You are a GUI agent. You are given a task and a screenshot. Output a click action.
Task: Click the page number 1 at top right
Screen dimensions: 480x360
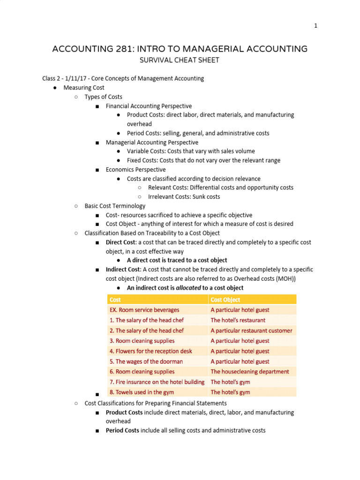pyautogui.click(x=316, y=26)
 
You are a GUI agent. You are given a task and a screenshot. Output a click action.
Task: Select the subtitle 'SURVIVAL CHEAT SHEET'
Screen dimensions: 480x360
pyautogui.click(x=180, y=60)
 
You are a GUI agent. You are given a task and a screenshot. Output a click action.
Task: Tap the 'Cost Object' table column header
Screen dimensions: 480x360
pyautogui.click(x=225, y=300)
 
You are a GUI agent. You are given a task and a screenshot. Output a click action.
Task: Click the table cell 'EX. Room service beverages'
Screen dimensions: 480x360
pyautogui.click(x=144, y=310)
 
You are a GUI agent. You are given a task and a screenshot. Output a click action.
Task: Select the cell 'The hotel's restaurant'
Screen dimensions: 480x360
pyautogui.click(x=238, y=320)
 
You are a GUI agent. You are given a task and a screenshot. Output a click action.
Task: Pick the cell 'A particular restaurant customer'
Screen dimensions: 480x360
pyautogui.click(x=251, y=330)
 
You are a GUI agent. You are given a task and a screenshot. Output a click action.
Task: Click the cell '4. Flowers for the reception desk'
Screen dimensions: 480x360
pyautogui.click(x=150, y=351)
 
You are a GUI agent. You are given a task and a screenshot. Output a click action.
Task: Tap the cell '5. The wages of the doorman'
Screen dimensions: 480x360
pyautogui.click(x=146, y=361)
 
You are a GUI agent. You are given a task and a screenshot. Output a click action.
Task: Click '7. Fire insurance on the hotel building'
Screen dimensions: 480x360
pyautogui.click(x=157, y=382)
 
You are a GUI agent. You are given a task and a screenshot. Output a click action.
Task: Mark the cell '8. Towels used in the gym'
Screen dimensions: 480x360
pyautogui.click(x=142, y=392)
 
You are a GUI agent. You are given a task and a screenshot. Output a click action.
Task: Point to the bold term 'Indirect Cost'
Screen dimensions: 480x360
pyautogui.click(x=123, y=270)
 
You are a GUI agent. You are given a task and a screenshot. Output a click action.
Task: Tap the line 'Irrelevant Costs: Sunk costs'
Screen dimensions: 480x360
pyautogui.click(x=184, y=197)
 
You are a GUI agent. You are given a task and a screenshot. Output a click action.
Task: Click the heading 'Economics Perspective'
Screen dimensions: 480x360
pyautogui.click(x=135, y=170)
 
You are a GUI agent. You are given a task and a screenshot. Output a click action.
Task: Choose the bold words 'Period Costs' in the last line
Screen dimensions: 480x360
pyautogui.click(x=122, y=430)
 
